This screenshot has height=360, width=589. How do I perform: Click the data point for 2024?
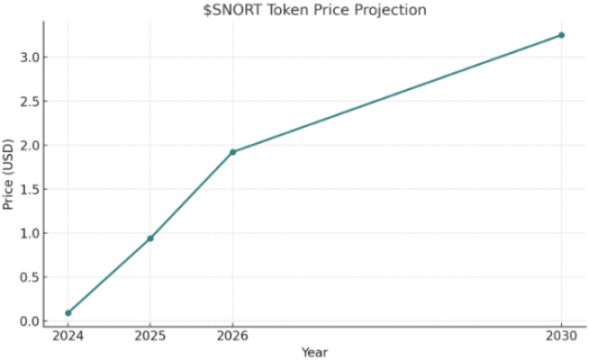tap(68, 313)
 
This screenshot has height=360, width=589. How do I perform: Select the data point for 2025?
tap(150, 238)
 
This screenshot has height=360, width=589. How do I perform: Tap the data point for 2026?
tap(233, 152)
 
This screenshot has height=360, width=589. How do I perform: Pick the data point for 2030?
tap(561, 35)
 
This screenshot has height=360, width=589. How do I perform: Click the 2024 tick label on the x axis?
tap(68, 336)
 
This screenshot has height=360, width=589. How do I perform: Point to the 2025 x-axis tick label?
tap(150, 336)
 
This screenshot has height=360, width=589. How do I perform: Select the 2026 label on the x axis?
tap(233, 336)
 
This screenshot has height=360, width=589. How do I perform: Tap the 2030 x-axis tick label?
tap(561, 336)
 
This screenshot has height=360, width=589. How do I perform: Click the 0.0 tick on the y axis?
tap(31, 322)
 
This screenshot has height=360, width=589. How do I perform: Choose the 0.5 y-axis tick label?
tap(31, 277)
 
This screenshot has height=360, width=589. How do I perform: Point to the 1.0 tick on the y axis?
tap(31, 234)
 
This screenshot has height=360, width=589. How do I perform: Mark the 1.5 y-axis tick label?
tap(31, 190)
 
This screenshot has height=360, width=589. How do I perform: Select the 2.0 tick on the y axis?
tap(31, 146)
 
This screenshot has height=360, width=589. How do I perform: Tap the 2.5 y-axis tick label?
tap(31, 102)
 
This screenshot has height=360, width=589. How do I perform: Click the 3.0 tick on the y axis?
tap(31, 58)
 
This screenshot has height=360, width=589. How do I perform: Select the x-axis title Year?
tap(314, 353)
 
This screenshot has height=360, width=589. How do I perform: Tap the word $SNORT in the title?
tap(228, 10)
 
